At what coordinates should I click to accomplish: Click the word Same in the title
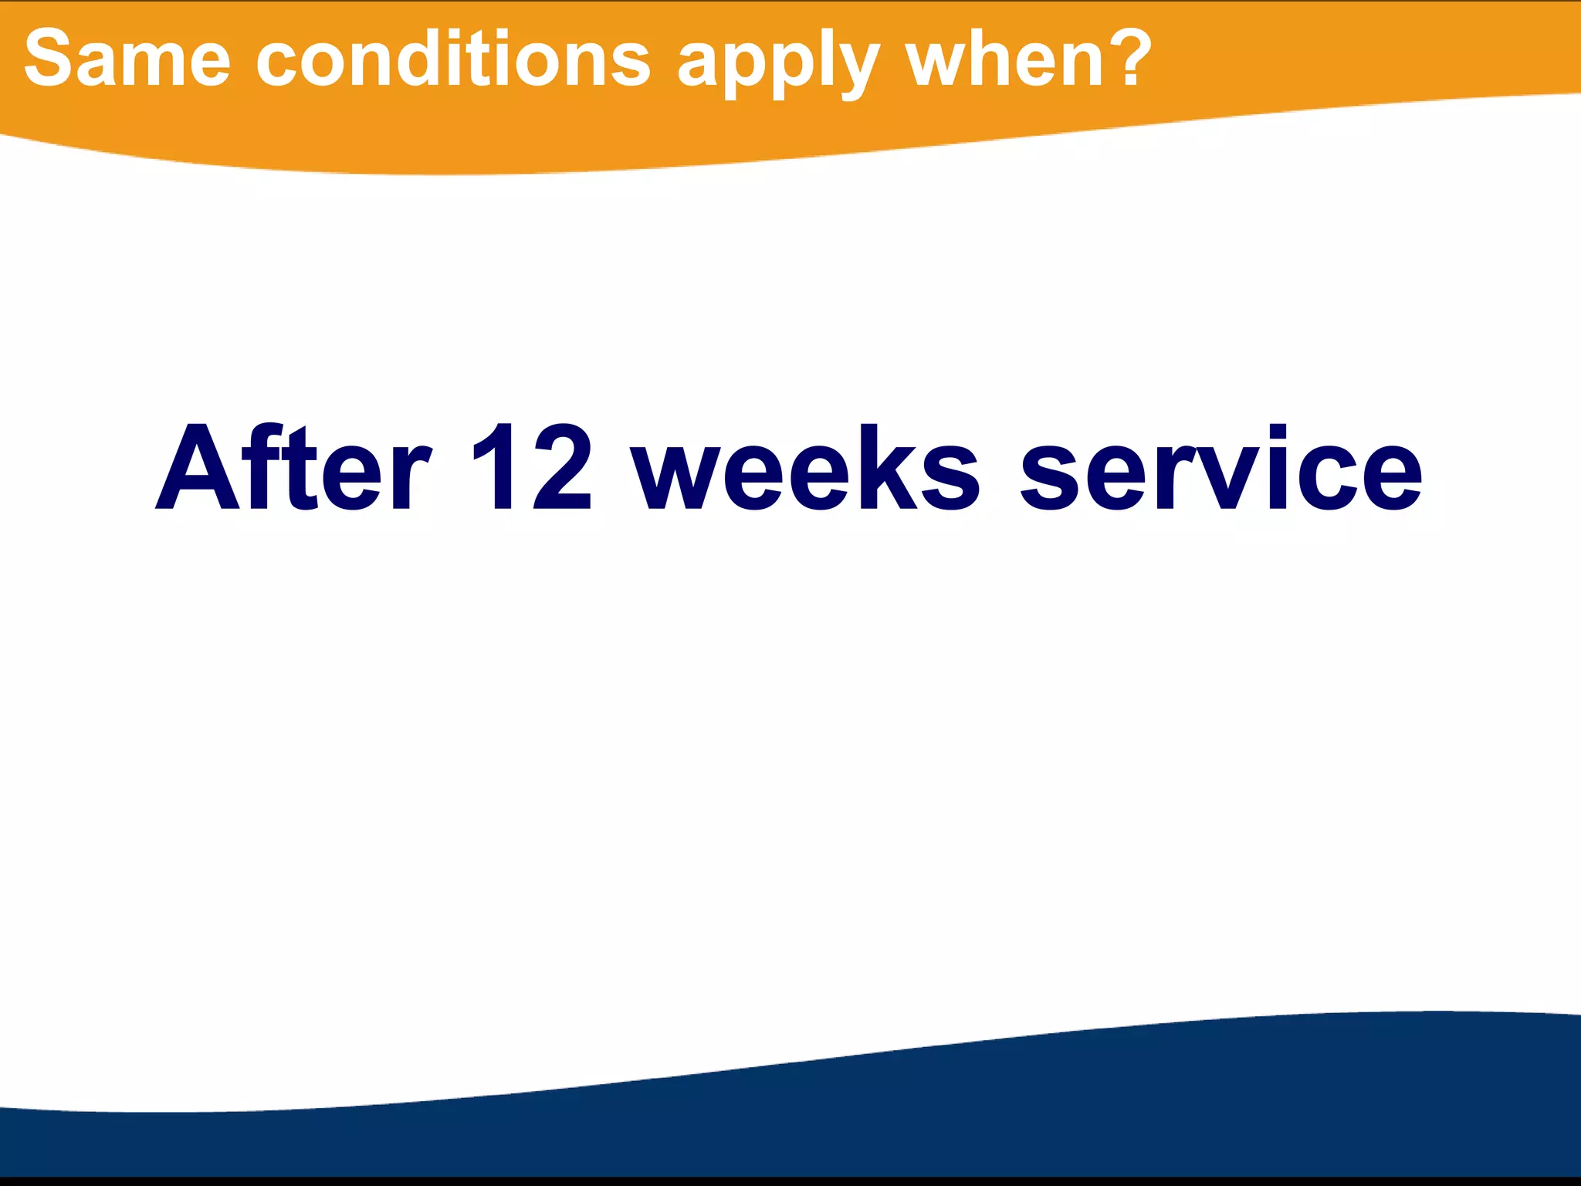pyautogui.click(x=127, y=59)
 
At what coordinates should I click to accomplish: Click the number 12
pyautogui.click(x=532, y=468)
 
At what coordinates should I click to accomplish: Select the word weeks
pyautogui.click(x=805, y=468)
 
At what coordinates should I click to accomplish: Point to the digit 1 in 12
pyautogui.click(x=495, y=468)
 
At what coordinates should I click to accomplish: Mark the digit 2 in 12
pyautogui.click(x=562, y=468)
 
